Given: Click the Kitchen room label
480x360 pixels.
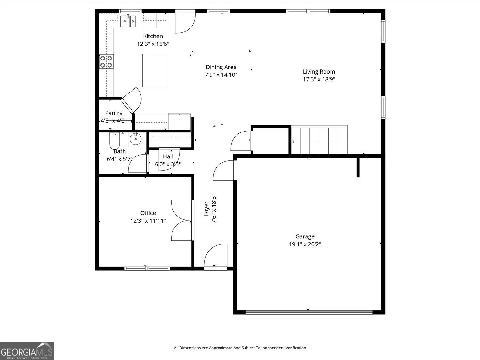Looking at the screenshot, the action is coord(153,36).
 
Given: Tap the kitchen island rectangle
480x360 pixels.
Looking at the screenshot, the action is coord(155,71).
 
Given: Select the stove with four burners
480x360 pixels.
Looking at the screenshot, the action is coord(106,62).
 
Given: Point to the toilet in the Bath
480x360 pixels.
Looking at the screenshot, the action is coord(115,141).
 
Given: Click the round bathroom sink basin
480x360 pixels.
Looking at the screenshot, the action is coord(136,139).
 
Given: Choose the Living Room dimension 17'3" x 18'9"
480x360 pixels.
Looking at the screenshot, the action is coord(319,79).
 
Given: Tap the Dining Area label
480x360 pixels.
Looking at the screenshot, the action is coord(221,67).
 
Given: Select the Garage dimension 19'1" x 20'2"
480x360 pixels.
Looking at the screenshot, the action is coord(305,244).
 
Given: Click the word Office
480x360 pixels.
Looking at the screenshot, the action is coord(148,213).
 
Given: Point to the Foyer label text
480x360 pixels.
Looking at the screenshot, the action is coord(206,209).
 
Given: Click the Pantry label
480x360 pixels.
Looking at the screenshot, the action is coord(114,113).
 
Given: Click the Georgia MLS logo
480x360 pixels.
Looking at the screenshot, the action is coord(27,351).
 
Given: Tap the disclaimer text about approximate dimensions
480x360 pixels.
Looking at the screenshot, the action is coord(240,348).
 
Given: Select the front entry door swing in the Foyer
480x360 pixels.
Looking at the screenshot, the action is coord(216,255).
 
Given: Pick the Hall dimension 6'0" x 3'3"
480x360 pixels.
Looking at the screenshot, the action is coord(168,164).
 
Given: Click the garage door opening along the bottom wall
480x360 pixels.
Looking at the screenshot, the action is coord(309,312).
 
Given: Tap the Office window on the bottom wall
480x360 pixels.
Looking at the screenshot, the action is coord(147,268).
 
